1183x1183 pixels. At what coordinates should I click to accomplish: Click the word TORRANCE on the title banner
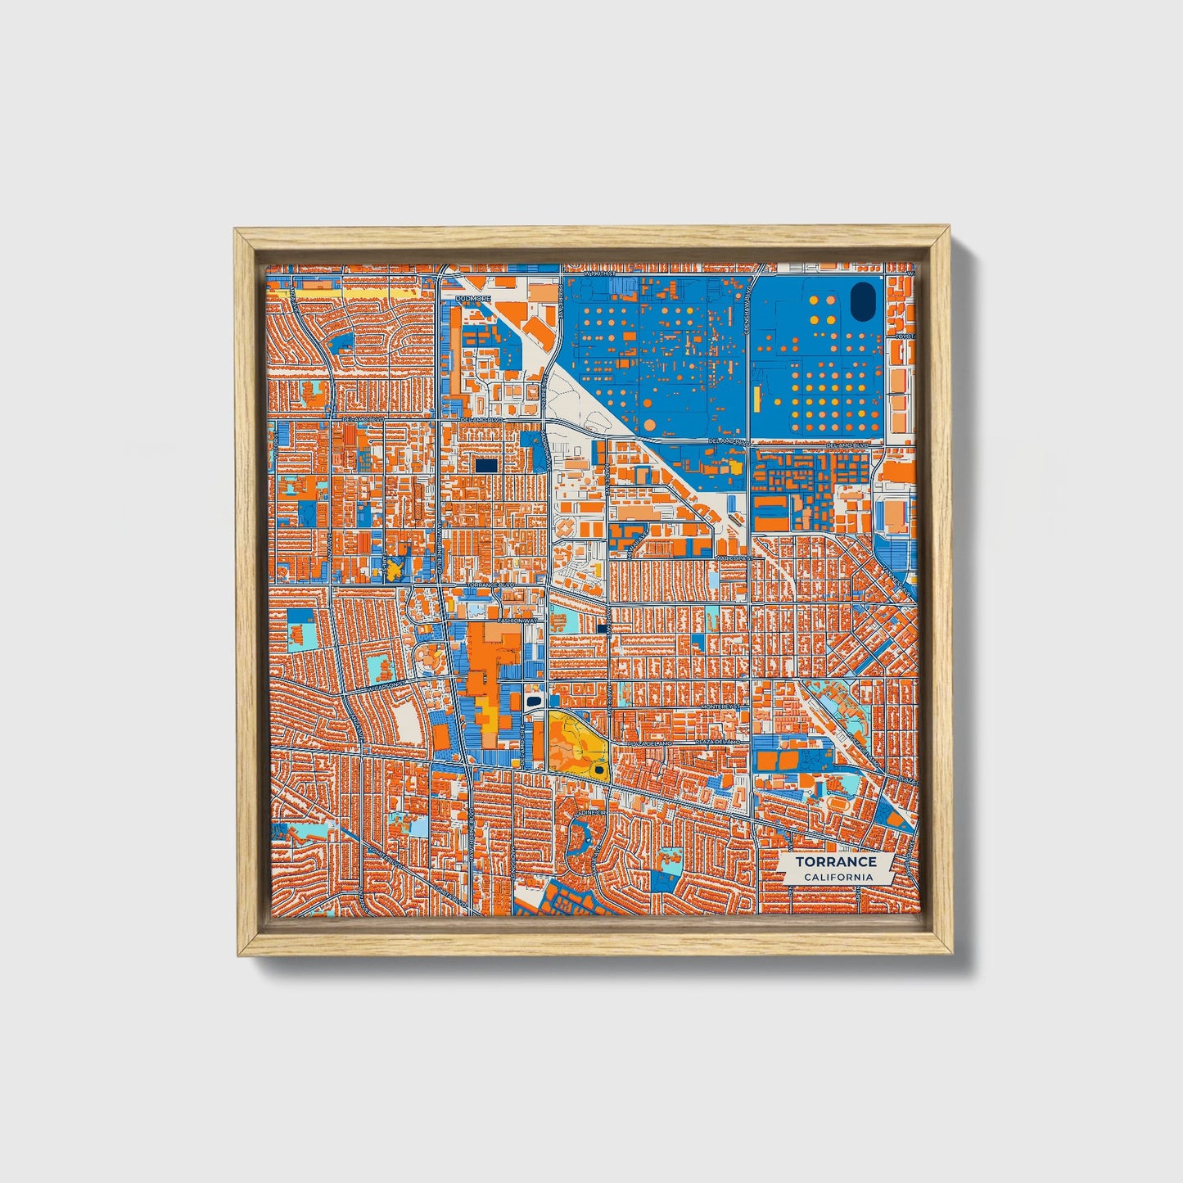coord(835,861)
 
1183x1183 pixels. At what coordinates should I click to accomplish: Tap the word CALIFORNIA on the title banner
coord(838,878)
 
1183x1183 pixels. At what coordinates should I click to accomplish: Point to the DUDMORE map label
coord(472,299)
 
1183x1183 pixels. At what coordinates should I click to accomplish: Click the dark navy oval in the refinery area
coord(862,302)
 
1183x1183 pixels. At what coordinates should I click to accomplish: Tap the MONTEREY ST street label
coord(720,706)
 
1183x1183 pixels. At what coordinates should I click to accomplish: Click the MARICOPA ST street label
coord(731,558)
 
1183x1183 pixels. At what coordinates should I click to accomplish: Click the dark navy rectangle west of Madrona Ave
coord(486,465)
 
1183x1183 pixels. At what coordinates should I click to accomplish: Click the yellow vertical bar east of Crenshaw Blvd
coord(757,399)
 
